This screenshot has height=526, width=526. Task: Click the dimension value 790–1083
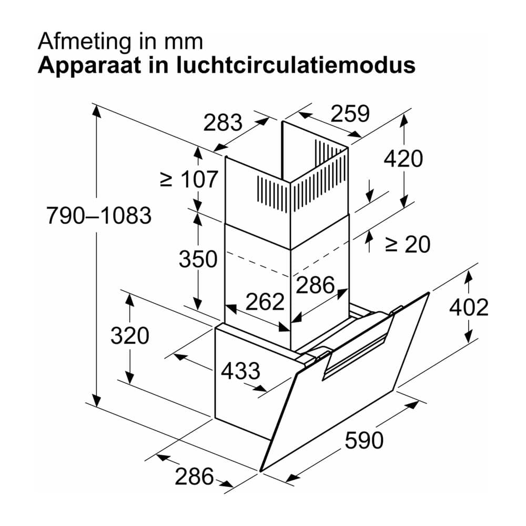(x=99, y=215)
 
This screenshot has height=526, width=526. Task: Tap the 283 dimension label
(x=222, y=123)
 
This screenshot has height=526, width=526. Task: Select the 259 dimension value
(x=350, y=114)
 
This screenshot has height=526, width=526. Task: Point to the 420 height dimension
(x=403, y=159)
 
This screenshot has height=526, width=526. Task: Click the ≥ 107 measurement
(x=189, y=179)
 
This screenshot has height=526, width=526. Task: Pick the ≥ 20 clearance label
(x=408, y=244)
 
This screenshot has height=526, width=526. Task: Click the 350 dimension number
(x=198, y=259)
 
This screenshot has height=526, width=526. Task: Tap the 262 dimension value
(x=265, y=301)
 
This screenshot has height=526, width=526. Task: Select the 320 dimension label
(x=130, y=336)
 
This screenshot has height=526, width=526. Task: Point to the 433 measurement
(x=240, y=371)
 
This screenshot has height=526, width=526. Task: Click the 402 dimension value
(x=469, y=307)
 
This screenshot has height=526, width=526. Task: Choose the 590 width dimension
(x=364, y=440)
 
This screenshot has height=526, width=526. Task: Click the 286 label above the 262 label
(x=315, y=285)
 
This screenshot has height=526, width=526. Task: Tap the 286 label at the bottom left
(x=194, y=476)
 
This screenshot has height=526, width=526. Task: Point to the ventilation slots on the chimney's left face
(x=272, y=195)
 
